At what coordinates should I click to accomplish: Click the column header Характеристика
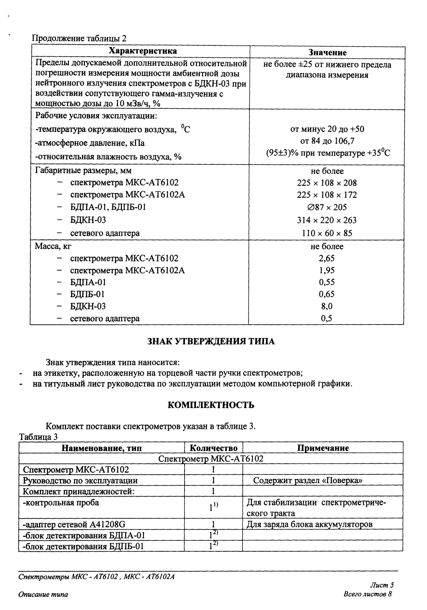(142, 51)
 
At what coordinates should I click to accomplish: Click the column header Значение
(327, 52)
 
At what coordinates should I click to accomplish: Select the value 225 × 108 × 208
(327, 183)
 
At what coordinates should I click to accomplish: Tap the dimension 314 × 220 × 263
(327, 220)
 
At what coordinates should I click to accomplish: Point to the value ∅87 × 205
(327, 207)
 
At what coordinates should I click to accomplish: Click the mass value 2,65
(327, 258)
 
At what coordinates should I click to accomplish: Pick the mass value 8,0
(327, 306)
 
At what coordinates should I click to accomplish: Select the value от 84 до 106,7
(327, 141)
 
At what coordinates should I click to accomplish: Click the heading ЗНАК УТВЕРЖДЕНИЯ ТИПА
(211, 341)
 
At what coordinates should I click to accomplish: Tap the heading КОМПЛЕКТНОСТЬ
(211, 405)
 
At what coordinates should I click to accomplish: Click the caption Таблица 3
(38, 437)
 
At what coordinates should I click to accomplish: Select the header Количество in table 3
(213, 448)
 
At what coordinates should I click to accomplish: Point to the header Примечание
(323, 448)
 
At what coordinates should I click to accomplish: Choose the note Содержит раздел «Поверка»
(308, 481)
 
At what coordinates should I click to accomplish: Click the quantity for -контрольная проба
(213, 507)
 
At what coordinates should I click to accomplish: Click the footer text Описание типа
(43, 595)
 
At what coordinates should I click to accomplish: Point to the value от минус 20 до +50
(327, 129)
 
